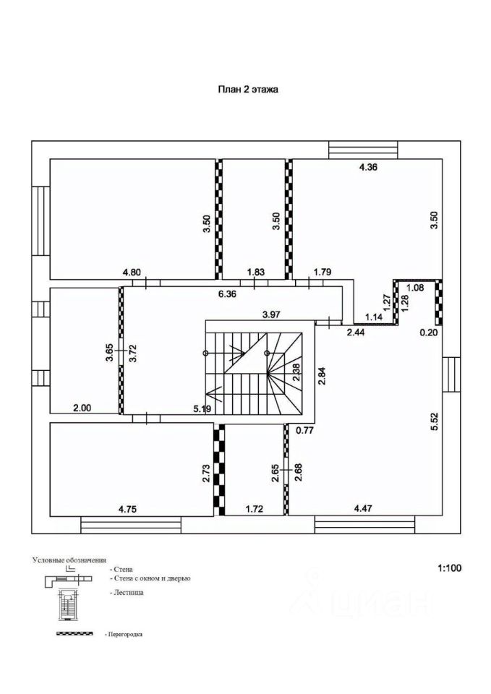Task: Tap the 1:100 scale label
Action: pos(448,568)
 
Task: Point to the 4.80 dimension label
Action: pos(131,272)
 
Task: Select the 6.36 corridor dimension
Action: pos(226,294)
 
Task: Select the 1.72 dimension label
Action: pos(254,509)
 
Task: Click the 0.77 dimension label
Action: pos(304,430)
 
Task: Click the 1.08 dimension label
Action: pos(415,288)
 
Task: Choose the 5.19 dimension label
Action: pos(202,409)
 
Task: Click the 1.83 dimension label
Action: pos(255,272)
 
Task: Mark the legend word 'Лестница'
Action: pos(129,592)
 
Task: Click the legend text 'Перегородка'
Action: pos(124,634)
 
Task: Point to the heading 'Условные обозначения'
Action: pos(69,560)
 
